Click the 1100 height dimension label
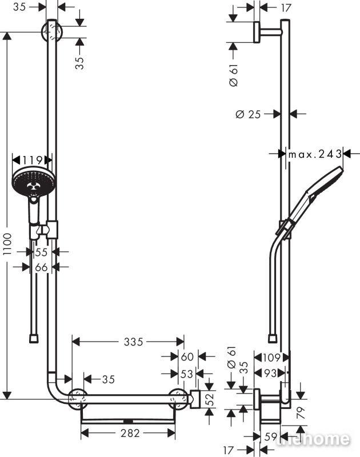coord(7,244)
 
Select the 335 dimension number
coord(134,342)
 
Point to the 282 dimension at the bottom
coord(130,433)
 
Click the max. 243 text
coord(315,154)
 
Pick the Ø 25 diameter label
coord(248,114)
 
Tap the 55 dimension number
coord(41,252)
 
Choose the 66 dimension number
coord(41,267)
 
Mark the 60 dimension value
coord(187,356)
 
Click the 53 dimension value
coord(187,374)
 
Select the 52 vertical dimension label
coord(210,399)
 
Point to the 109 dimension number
coord(271,358)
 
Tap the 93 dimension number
coord(270,373)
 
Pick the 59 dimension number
coord(271,436)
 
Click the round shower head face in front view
coord(32,182)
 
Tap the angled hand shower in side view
coord(310,202)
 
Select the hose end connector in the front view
coord(34,339)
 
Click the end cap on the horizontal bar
coord(195,399)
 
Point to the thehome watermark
coord(313,439)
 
